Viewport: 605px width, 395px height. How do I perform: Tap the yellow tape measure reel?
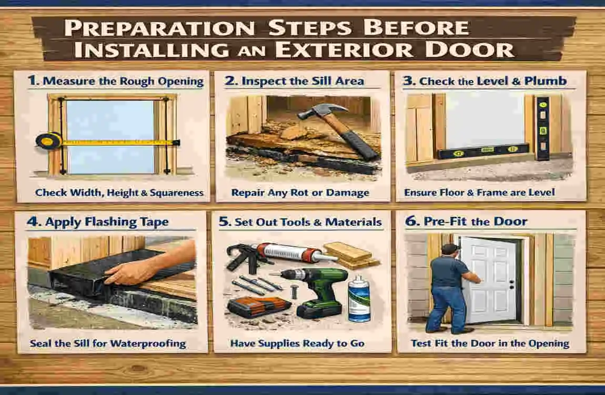pos(47,140)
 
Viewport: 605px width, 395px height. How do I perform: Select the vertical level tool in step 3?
pos(542,128)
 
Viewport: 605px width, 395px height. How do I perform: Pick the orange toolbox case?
pos(254,307)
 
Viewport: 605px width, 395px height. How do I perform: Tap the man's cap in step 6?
pos(448,248)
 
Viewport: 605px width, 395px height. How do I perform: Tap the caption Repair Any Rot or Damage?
pos(300,193)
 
